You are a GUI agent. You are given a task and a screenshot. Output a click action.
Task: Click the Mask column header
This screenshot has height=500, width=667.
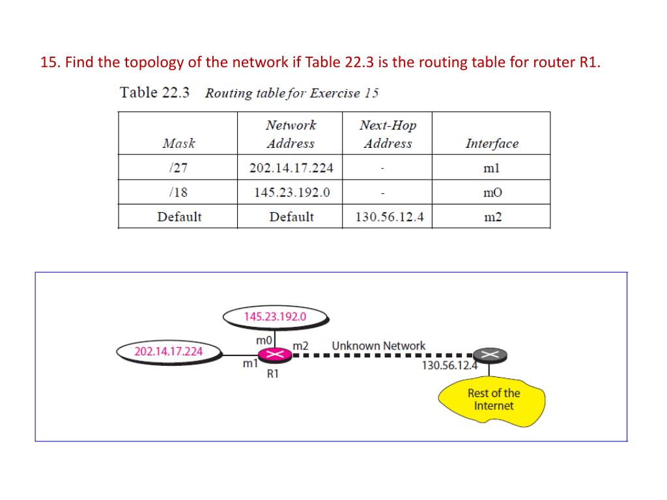(x=178, y=143)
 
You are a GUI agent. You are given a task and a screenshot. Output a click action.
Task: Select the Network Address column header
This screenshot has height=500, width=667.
(x=291, y=134)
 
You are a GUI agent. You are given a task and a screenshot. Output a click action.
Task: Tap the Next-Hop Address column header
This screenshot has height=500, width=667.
(x=388, y=134)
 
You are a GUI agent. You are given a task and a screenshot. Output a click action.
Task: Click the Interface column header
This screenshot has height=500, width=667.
(x=492, y=143)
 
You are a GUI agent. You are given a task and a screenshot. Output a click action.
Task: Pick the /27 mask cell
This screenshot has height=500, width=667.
(x=177, y=168)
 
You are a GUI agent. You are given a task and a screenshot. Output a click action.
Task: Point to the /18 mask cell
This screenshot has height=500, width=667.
(x=177, y=193)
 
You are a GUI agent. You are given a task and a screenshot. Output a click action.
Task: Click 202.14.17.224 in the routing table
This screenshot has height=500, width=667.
(x=291, y=168)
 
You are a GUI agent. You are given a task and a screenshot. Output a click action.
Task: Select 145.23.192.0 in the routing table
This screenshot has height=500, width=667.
(x=291, y=193)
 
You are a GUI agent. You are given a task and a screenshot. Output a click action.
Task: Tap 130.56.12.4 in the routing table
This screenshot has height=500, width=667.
(x=389, y=217)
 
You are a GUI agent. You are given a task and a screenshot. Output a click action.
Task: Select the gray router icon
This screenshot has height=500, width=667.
(x=490, y=355)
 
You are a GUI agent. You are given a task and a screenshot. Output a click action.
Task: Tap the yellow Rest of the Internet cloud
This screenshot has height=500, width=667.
(x=492, y=400)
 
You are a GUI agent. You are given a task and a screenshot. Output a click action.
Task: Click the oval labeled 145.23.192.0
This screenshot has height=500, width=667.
(x=275, y=317)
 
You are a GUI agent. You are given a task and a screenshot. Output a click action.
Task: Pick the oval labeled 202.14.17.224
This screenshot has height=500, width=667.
(x=168, y=352)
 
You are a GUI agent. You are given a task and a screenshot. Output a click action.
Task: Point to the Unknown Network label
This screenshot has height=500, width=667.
(x=378, y=346)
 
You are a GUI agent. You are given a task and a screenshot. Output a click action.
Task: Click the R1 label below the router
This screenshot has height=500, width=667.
(x=273, y=374)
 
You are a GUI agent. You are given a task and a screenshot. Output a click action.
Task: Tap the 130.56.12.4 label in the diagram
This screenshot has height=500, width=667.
(x=449, y=365)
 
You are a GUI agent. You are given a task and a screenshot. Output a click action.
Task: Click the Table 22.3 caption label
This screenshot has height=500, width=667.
(x=155, y=92)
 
